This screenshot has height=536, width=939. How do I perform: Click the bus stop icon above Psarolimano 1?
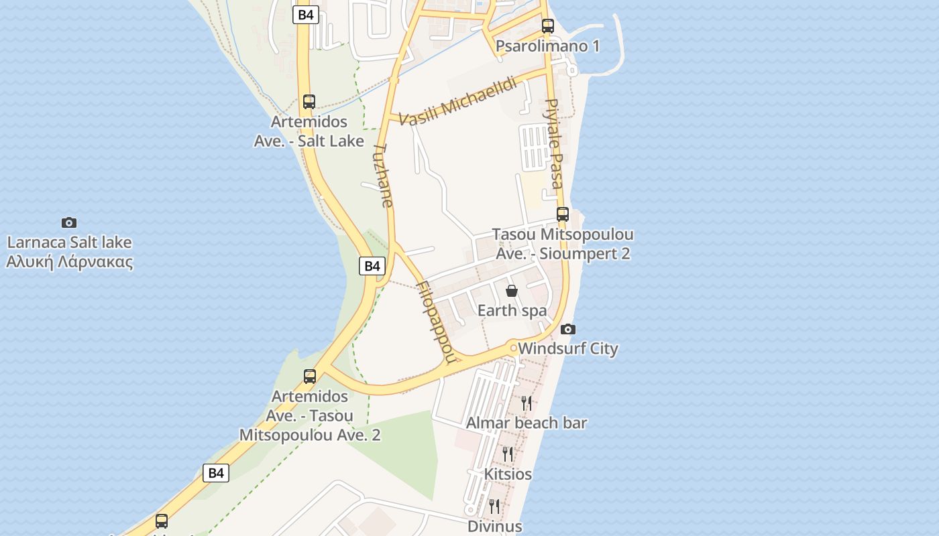[x=548, y=26]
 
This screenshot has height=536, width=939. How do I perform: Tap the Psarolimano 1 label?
[x=547, y=46]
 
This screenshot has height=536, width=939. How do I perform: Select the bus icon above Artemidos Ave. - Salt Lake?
[x=309, y=102]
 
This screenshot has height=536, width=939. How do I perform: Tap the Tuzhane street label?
[x=383, y=175]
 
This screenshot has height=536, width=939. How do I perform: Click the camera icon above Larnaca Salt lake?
[x=69, y=222]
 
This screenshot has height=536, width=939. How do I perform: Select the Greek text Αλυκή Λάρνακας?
[x=69, y=262]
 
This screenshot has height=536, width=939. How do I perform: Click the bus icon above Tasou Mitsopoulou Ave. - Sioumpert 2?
[x=563, y=214]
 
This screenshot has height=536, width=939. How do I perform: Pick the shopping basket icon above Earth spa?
[x=512, y=291]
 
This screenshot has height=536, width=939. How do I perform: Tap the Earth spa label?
[x=512, y=311]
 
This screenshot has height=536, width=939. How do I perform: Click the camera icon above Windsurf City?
[x=568, y=329]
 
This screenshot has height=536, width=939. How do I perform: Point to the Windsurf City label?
[x=567, y=348]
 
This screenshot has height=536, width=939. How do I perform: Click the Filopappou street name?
[x=435, y=321]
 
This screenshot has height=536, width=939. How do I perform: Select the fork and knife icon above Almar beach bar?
[x=527, y=403]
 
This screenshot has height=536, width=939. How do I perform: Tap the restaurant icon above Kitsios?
[x=508, y=454]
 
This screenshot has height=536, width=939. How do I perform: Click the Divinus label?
[x=494, y=526]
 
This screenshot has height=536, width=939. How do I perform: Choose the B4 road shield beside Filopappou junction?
[x=372, y=266]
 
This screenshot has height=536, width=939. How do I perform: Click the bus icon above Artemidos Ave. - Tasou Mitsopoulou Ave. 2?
[x=310, y=377]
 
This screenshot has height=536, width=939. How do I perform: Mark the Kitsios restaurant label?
[x=508, y=474]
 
